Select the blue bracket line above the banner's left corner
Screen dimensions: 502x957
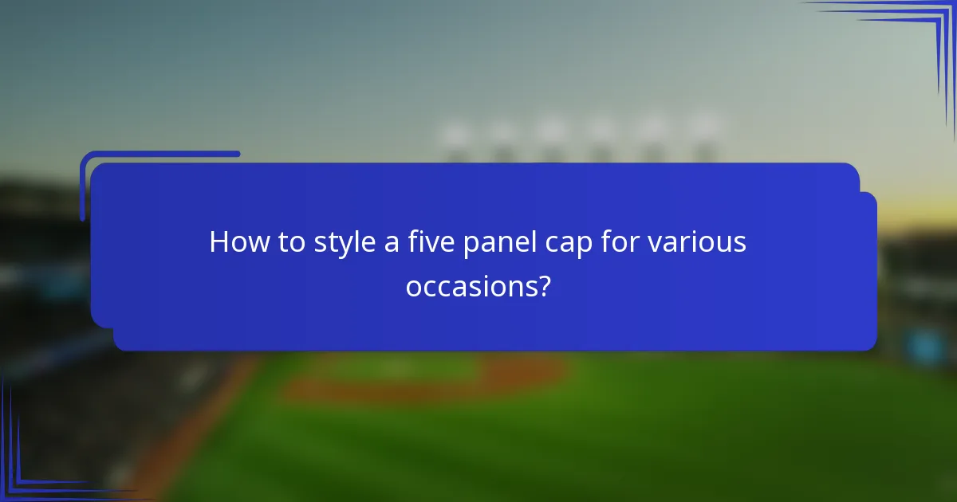(159, 154)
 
